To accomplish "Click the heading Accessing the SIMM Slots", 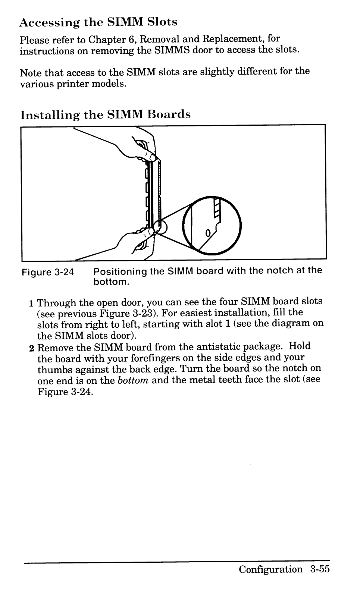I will click(x=98, y=22).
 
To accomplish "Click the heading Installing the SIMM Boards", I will click(x=106, y=114).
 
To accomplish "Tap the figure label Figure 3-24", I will click(x=48, y=272).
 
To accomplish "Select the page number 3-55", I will click(x=320, y=569).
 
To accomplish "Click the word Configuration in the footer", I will click(x=271, y=569).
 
